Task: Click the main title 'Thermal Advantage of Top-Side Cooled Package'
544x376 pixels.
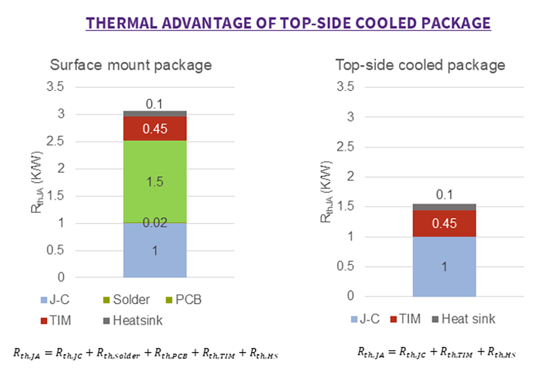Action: [289, 23]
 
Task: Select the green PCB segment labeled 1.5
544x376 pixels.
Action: [155, 181]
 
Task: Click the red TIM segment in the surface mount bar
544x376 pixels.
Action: [155, 128]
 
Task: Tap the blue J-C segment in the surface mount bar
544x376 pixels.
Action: [155, 250]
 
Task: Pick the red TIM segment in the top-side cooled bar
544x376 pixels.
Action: [444, 223]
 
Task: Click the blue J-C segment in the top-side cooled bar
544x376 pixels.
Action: [444, 266]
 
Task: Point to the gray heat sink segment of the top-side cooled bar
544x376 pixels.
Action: [444, 207]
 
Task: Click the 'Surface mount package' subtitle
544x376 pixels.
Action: [130, 65]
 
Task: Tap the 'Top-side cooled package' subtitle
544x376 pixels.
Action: [420, 65]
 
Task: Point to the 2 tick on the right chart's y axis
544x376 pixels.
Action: [352, 176]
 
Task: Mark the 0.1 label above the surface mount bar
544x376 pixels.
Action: [155, 104]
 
